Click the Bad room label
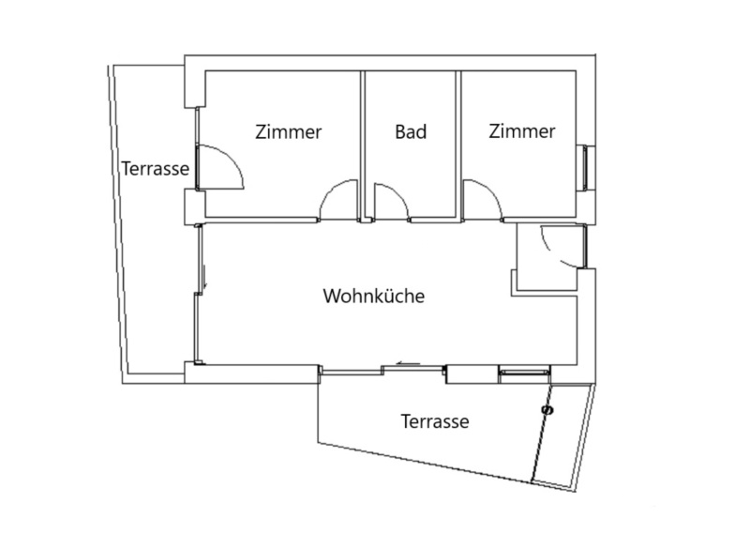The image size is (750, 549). [x=411, y=131]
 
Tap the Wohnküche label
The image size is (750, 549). [x=373, y=296]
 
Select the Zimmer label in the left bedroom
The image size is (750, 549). [x=289, y=131]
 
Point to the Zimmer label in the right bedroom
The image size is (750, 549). [x=522, y=130]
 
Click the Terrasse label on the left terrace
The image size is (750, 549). [x=155, y=169]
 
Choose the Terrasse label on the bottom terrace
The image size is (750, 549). [x=435, y=421]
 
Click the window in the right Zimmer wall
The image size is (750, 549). [x=585, y=167]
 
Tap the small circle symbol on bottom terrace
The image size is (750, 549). [x=547, y=410]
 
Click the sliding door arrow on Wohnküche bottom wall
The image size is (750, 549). [x=408, y=364]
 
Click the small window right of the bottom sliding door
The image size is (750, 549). [x=525, y=371]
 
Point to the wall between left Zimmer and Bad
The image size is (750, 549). [x=362, y=146]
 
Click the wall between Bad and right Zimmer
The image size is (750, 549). [x=458, y=146]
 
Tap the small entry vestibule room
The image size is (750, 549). [x=548, y=257]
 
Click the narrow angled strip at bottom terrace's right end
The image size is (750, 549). [x=563, y=437]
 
